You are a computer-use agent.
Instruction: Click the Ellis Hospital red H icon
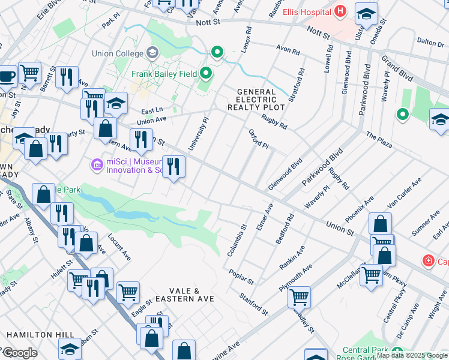click(341, 11)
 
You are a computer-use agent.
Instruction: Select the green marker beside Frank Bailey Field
click(206, 74)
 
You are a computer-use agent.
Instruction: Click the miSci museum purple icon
click(96, 164)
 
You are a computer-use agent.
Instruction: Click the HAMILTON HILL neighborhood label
click(41, 335)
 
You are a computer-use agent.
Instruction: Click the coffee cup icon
click(7, 76)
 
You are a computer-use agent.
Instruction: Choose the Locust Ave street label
click(119, 247)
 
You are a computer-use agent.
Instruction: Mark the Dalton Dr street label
click(430, 42)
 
